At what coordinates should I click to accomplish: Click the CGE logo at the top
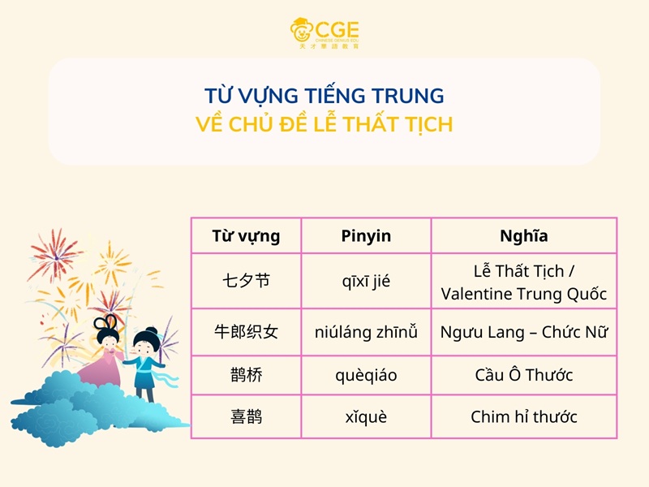click(324, 32)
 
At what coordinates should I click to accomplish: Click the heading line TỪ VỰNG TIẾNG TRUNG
click(324, 96)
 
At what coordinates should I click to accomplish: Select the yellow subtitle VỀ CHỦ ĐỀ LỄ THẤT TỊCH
click(324, 125)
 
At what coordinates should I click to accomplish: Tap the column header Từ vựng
click(246, 236)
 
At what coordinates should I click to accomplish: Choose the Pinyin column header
click(366, 236)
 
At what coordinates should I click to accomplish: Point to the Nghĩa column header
click(523, 236)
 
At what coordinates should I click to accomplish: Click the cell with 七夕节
click(246, 282)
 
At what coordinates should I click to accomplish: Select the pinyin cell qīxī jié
click(366, 282)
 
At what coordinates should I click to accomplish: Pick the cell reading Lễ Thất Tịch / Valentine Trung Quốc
click(523, 282)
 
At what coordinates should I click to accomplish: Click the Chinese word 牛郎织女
click(246, 332)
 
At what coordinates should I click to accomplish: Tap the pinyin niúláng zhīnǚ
click(366, 332)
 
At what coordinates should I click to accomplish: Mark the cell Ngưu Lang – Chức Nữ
click(523, 332)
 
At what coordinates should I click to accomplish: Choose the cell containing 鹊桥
click(246, 376)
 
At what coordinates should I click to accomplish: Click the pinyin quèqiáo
click(366, 376)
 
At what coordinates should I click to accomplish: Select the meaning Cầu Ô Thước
click(523, 376)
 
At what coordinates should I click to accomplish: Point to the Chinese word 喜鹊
click(246, 417)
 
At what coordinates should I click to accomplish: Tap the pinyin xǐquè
click(366, 417)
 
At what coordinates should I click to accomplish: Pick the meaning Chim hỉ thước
click(523, 417)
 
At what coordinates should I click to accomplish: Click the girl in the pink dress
click(105, 357)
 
